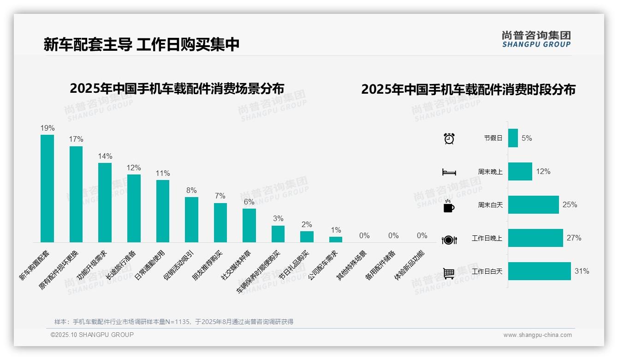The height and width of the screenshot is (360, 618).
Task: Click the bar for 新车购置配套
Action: point(47,188)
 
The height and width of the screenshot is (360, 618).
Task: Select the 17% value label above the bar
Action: point(76,139)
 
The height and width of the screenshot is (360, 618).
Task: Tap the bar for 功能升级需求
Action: point(105,202)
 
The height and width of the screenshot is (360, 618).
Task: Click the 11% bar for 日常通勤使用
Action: point(163,211)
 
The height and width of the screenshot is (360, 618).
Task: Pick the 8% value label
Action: point(191,190)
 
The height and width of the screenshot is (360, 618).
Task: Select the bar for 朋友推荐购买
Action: point(220,222)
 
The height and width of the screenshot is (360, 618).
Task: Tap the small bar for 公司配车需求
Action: point(336,239)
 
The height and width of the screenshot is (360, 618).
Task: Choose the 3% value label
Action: point(278,218)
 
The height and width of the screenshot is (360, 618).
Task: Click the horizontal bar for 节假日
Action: point(513,138)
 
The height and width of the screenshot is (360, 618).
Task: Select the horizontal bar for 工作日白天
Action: point(539,271)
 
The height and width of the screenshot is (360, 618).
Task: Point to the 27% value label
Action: point(574,238)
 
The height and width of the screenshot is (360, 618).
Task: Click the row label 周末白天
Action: point(490,205)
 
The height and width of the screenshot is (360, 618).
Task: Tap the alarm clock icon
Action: point(449,138)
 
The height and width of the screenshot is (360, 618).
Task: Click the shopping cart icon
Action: point(449,273)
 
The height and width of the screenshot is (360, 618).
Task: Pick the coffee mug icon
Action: point(449,206)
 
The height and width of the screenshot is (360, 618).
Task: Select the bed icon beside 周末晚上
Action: point(449,172)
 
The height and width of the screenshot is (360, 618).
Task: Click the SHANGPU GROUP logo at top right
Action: point(536,39)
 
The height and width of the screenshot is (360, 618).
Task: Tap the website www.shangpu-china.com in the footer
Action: point(537,335)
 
